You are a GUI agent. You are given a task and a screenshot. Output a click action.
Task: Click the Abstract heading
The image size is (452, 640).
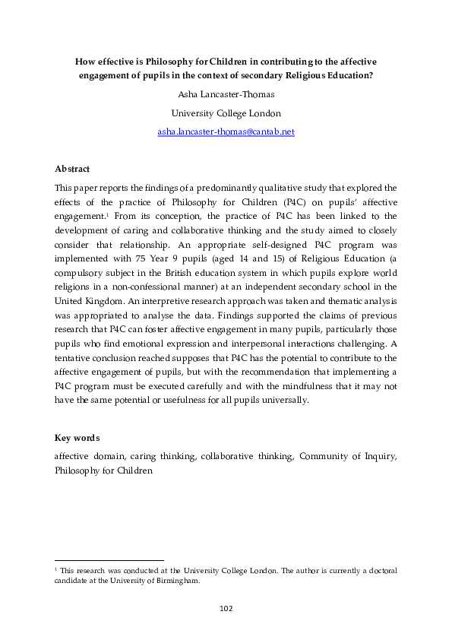[x=72, y=168]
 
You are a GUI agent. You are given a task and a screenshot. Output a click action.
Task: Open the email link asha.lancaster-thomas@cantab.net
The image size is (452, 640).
[x=226, y=131]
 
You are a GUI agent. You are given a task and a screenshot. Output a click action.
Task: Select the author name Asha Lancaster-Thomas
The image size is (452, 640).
[x=226, y=96]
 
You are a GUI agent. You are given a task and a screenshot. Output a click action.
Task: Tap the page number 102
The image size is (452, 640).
[x=226, y=608]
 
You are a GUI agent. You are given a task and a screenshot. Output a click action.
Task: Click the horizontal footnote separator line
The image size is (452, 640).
[x=109, y=560]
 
